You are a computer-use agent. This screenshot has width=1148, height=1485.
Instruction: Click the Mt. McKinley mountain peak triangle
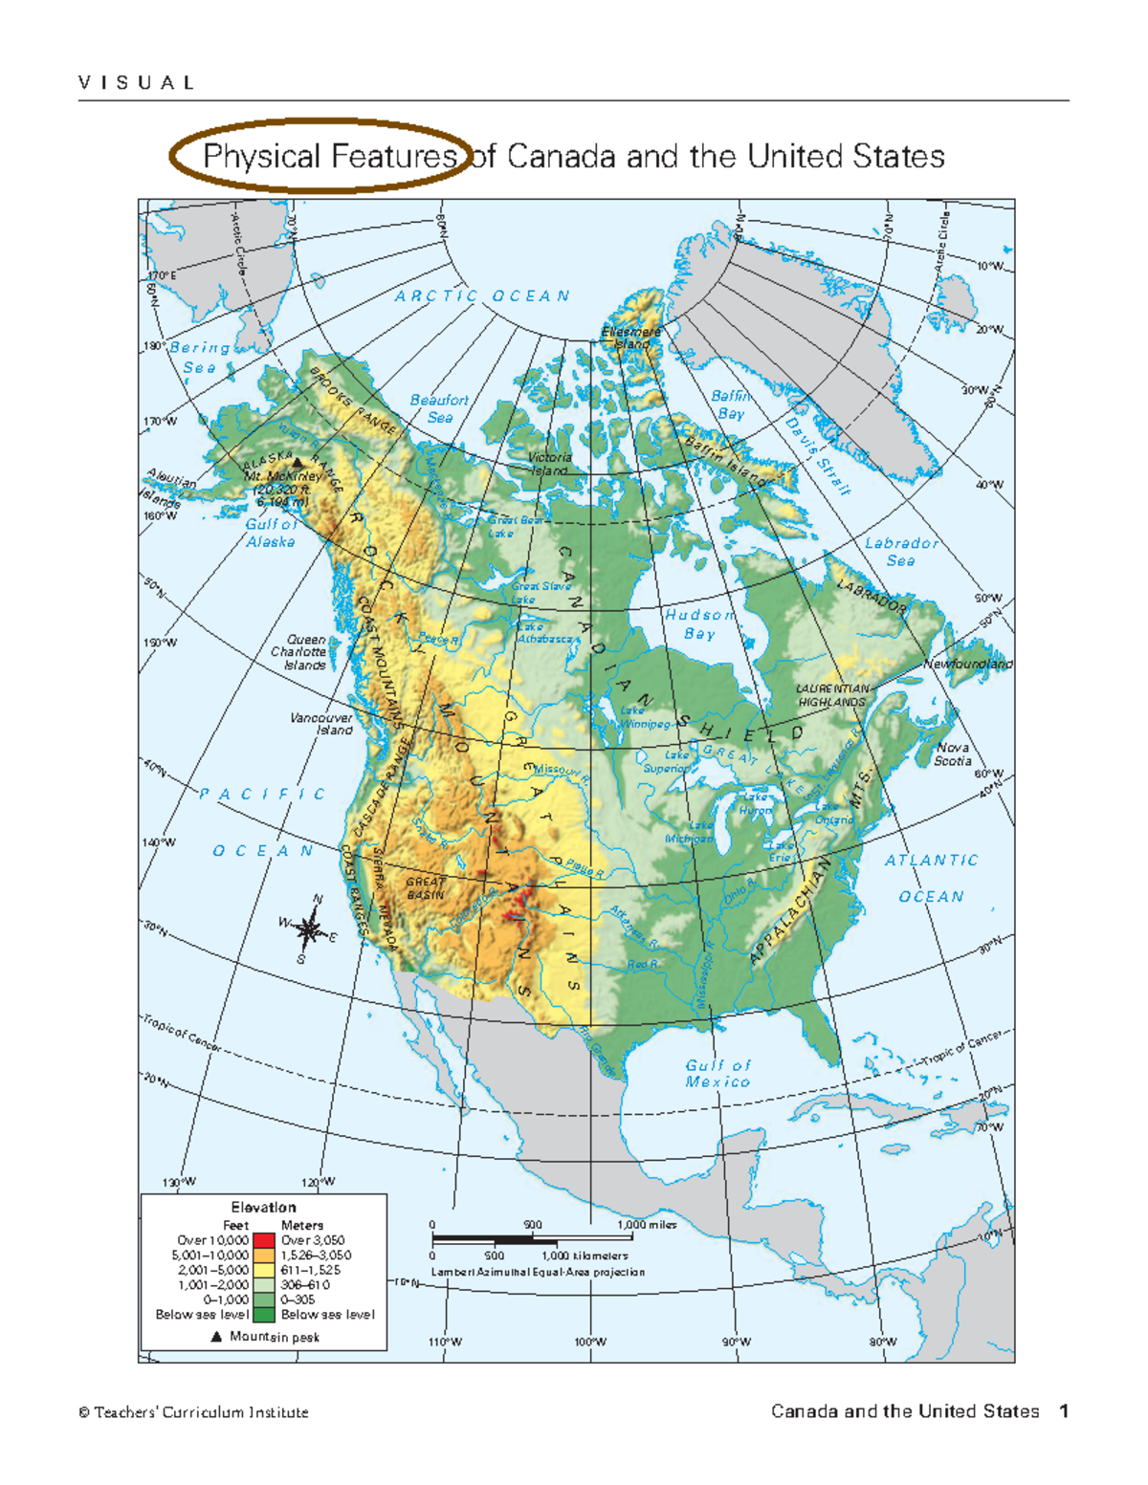point(298,463)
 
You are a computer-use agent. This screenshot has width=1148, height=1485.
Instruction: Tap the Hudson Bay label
point(699,624)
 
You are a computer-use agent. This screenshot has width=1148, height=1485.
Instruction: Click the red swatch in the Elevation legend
point(264,1239)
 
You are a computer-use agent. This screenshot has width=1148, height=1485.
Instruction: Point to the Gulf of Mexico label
point(717,1073)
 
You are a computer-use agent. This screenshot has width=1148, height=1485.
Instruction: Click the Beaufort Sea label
point(439,408)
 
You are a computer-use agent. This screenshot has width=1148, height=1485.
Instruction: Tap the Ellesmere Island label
point(631,338)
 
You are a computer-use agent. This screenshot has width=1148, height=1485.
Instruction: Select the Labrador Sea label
point(901,552)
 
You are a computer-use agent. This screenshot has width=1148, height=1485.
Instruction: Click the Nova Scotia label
point(953,754)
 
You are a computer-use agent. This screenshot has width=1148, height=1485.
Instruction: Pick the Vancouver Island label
point(321,724)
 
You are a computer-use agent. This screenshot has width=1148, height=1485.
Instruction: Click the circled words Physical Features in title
point(328,156)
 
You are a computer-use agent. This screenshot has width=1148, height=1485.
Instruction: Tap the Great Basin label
point(426,888)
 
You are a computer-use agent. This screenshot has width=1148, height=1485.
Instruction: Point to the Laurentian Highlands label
point(832,695)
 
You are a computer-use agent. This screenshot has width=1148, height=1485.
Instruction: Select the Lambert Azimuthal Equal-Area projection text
point(538,1272)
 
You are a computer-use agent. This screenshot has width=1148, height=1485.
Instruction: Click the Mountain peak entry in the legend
point(265,1337)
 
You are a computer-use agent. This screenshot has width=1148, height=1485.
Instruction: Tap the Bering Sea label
point(199,358)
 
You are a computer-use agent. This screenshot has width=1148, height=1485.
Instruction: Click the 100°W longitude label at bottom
point(590,1342)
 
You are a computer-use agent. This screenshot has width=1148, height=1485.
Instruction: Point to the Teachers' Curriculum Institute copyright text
point(193,1412)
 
